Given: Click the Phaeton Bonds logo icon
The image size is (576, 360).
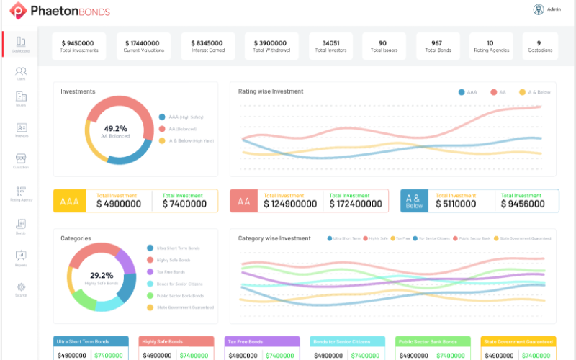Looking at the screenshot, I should point(17,12).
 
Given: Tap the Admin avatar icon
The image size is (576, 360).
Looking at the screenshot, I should point(538,9).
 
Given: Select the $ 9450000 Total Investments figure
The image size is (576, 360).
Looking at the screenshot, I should point(79,43).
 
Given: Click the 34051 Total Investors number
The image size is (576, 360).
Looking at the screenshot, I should point(331,43).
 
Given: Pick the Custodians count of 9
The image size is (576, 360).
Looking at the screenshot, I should point(538,43).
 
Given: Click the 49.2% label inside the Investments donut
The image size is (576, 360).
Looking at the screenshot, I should point(115,129).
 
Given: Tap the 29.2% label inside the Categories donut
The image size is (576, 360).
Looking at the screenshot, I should point(101,275).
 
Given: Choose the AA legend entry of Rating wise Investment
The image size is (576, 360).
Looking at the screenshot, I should point(498,92).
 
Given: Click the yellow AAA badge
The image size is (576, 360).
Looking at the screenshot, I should point(70,202).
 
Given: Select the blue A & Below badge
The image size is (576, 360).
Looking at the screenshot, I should point(414,201).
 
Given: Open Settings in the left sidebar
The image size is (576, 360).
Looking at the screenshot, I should point(21,289).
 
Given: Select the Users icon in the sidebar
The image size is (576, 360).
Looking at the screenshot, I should point(21,73).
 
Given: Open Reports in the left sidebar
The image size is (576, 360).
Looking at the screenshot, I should point(21,258).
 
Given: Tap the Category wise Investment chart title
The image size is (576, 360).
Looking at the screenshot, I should point(274,238).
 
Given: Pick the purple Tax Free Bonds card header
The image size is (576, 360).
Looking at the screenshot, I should point(261,341).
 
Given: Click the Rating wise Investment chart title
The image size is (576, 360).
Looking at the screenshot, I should point(271,91).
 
